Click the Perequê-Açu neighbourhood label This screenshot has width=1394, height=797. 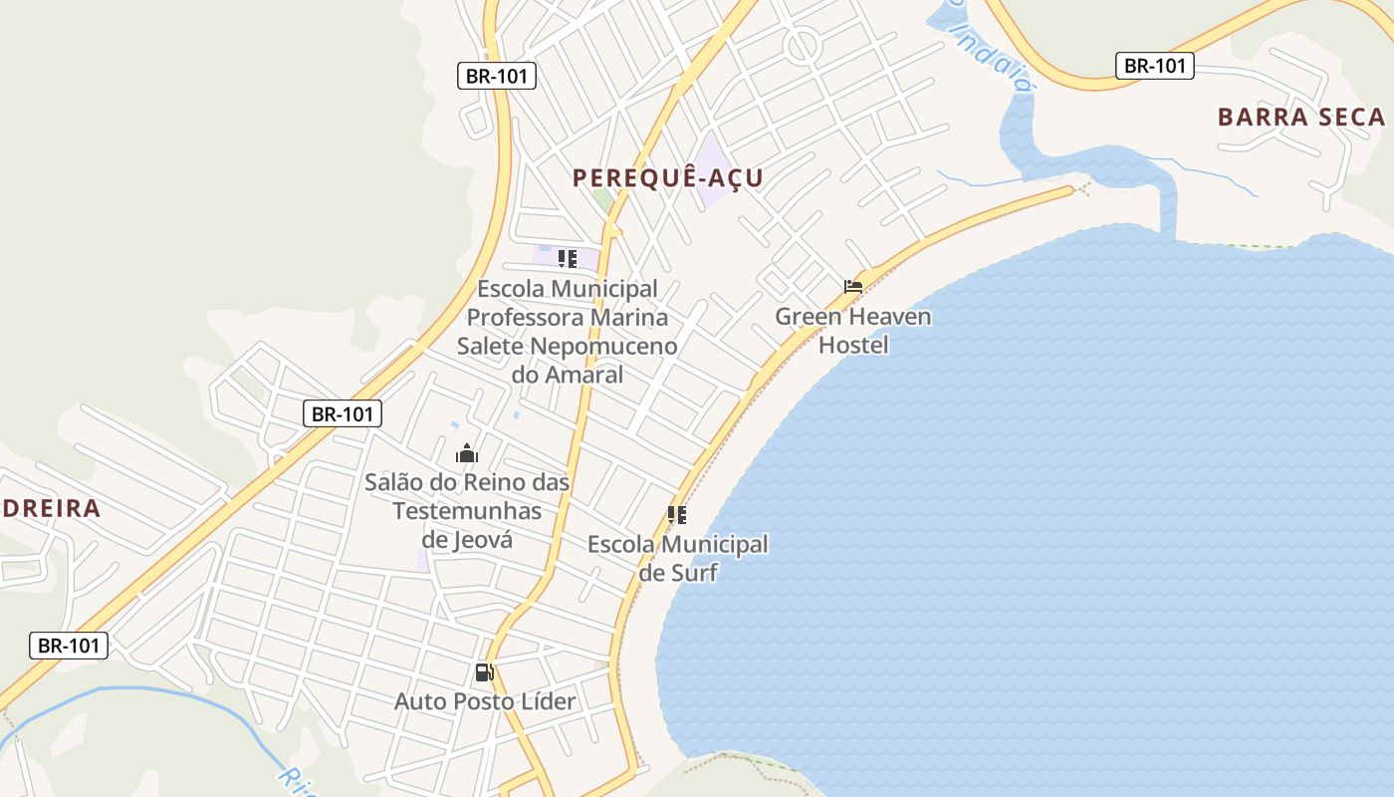[x=667, y=178]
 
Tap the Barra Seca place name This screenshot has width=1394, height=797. [x=1300, y=117]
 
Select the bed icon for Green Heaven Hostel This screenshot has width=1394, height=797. [x=853, y=287]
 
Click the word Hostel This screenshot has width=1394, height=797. [x=853, y=345]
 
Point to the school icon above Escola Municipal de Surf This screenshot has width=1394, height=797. [x=677, y=515]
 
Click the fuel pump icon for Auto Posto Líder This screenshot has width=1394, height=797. [x=485, y=672]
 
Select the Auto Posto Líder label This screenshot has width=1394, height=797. [x=485, y=701]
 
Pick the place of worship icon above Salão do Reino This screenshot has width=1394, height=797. [x=467, y=454]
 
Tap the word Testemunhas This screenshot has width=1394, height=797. [x=467, y=511]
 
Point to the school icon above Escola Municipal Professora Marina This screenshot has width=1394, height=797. [x=568, y=260]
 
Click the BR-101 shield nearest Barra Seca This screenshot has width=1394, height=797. [x=1154, y=66]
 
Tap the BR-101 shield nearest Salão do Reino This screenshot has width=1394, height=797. [x=342, y=413]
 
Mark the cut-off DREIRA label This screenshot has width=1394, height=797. [x=50, y=508]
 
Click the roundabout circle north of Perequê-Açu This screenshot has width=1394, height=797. [x=802, y=46]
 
